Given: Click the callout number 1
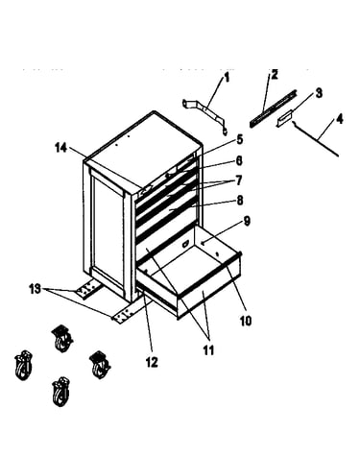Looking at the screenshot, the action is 227,78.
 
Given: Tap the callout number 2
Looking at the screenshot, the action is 275,74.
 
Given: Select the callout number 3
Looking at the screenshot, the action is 319,93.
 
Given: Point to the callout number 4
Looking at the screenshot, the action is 340,119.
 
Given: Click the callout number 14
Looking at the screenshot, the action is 61,148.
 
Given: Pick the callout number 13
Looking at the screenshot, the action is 36,289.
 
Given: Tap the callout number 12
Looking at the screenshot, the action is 152,362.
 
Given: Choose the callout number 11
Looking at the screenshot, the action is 208,350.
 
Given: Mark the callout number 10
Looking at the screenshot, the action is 246,321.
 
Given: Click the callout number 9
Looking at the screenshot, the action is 247,221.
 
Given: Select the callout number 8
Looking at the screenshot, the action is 240,201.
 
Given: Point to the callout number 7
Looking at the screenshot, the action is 239,180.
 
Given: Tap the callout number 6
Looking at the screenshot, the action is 239,160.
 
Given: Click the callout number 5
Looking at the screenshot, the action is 240,139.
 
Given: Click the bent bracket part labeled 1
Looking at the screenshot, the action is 206,111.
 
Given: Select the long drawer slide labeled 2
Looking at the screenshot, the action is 273,108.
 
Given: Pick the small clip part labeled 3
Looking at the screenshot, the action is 284,118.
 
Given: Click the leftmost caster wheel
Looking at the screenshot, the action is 24,366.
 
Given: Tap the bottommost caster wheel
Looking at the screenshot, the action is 60,392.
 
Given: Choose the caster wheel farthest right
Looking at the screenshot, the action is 100,364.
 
